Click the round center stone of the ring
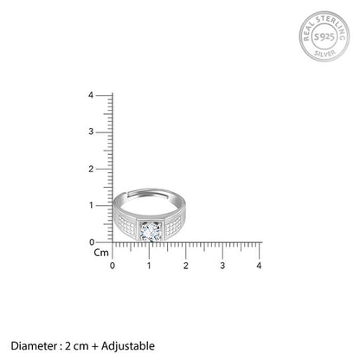coord(151,232)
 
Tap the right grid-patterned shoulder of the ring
coord(174,225)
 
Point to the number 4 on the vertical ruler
coord(91,95)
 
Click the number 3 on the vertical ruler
coord(91,132)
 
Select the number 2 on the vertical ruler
coord(91,169)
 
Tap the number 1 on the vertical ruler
coord(92,205)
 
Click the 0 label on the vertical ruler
coord(92,242)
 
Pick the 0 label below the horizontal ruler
coord(112,266)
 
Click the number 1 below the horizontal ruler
coord(149,266)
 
